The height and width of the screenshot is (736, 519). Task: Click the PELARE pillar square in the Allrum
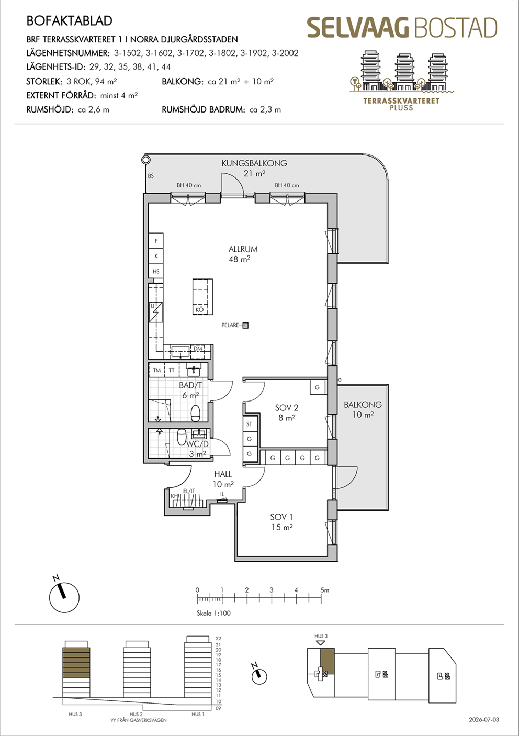[x=245, y=325]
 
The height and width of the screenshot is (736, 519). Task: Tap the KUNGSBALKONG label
[x=254, y=163]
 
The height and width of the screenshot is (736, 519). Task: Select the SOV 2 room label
[x=286, y=408]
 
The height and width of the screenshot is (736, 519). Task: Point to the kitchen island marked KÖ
[x=202, y=297]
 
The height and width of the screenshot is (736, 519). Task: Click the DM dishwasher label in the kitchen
[x=198, y=349]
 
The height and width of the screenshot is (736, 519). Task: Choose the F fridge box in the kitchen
[x=156, y=241]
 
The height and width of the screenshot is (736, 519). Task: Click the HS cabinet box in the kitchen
[x=156, y=271]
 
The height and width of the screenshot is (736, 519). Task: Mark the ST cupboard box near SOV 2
[x=250, y=424]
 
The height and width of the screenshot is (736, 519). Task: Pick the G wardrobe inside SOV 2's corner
[x=318, y=387]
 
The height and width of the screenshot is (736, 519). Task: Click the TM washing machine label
[x=157, y=370]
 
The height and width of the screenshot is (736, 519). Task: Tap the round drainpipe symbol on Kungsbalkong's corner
[x=145, y=160]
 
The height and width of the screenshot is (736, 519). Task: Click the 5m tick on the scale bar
[x=321, y=599]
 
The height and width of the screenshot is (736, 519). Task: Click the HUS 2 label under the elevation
[x=136, y=714]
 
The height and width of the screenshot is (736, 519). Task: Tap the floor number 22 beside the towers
[x=218, y=639]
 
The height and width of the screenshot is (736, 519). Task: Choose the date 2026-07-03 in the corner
[x=484, y=719]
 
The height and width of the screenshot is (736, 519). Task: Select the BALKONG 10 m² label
[x=363, y=409]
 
